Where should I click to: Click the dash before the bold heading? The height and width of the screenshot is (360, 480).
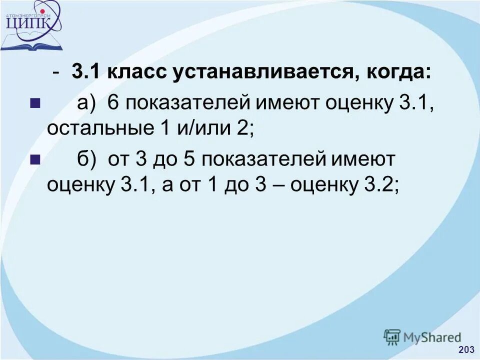[x=58, y=73]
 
